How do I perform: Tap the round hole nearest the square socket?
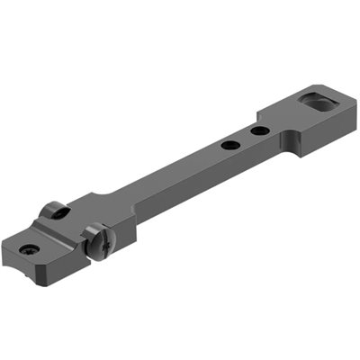(x=258, y=131)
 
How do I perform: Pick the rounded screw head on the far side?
(x=53, y=211)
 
